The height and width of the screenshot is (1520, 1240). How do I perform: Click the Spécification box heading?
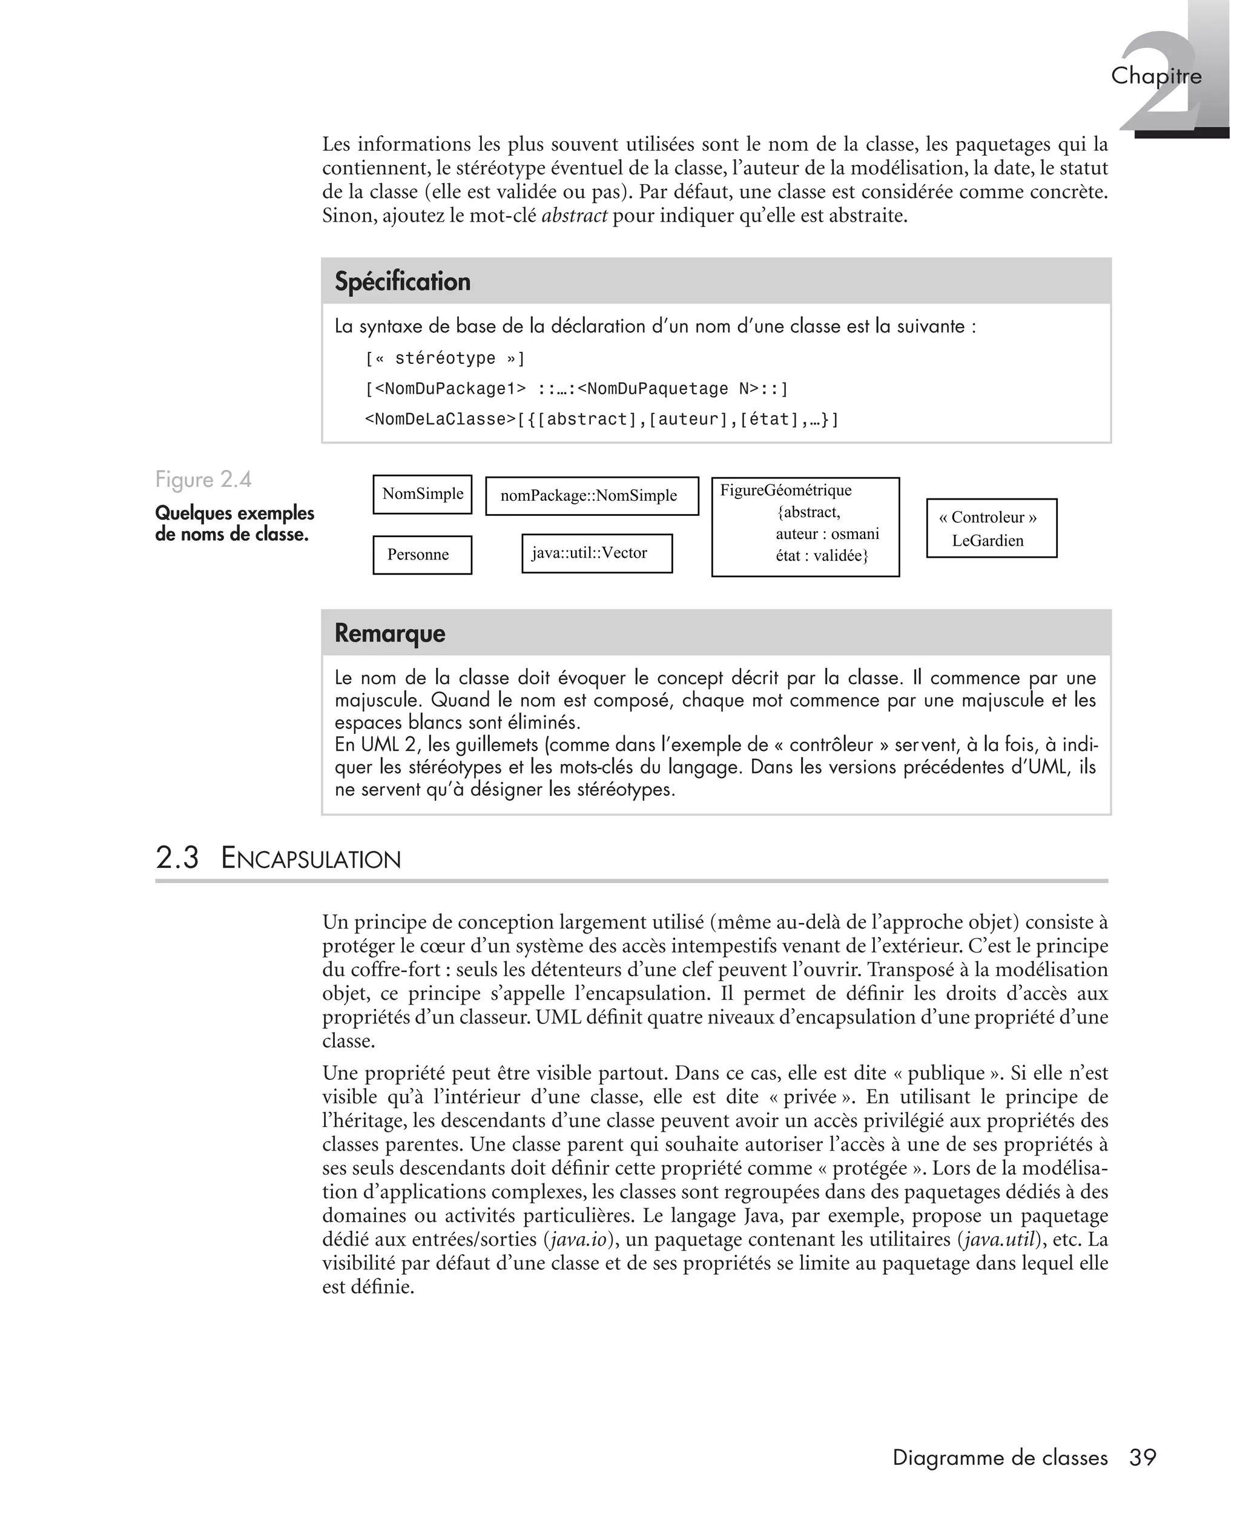[402, 282]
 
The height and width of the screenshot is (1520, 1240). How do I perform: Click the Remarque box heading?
[389, 633]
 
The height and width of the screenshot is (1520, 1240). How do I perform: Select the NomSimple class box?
[422, 494]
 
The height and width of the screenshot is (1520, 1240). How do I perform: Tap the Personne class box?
[422, 555]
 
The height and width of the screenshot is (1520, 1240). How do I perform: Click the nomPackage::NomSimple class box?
[592, 496]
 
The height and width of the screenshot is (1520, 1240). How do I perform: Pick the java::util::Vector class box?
[596, 553]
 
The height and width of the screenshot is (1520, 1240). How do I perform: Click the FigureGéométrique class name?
[785, 491]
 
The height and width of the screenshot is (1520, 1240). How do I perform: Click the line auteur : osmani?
[827, 534]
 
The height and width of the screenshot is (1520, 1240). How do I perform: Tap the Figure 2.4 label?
[203, 479]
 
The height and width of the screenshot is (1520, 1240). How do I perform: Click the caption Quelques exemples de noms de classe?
[234, 524]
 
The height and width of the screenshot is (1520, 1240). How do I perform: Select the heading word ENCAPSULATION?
[311, 859]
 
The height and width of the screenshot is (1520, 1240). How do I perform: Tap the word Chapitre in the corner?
[1155, 76]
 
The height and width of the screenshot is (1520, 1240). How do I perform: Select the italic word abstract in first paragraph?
[574, 216]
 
